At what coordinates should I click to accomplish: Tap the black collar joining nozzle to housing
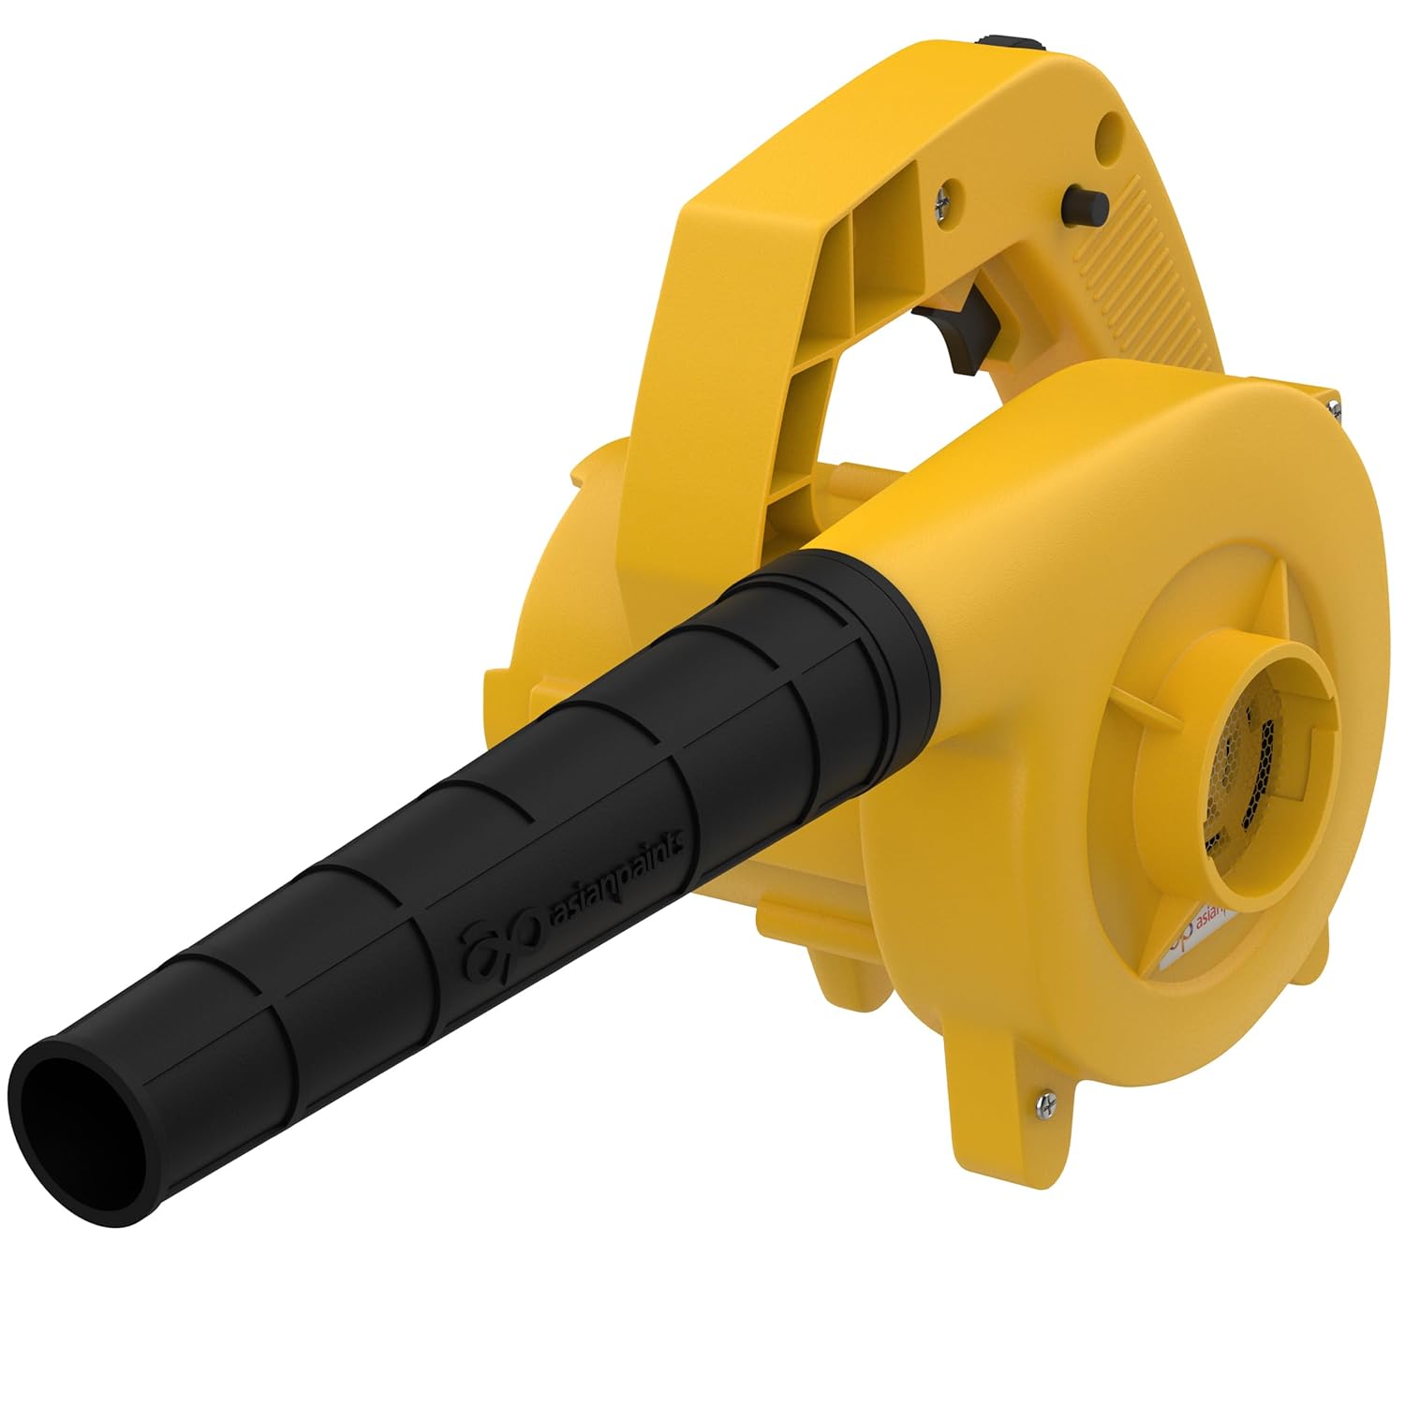click(x=890, y=637)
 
